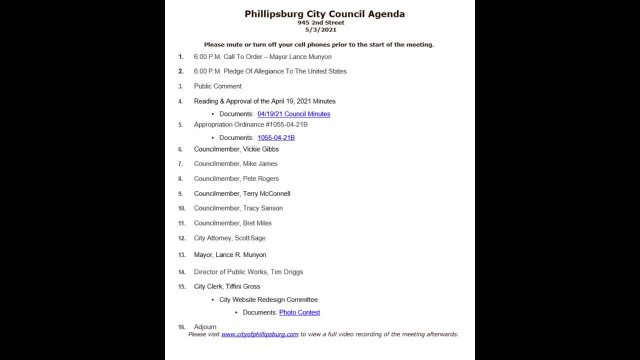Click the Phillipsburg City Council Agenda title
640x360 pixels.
tap(319, 14)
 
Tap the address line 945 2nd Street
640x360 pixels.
tap(319, 23)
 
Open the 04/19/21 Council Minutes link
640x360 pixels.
tap(294, 114)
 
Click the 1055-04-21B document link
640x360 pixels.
tap(276, 137)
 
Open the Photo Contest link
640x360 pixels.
tap(299, 312)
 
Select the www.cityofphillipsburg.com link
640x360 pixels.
tap(260, 334)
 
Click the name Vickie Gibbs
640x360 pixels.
tap(263, 148)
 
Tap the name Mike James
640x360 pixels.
tap(260, 163)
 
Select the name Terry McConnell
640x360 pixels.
tap(267, 193)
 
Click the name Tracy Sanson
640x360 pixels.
tap(264, 208)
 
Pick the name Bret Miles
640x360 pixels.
tap(257, 223)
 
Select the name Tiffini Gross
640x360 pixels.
tap(243, 287)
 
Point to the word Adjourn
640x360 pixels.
tap(206, 326)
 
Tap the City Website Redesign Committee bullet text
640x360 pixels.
tap(269, 299)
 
